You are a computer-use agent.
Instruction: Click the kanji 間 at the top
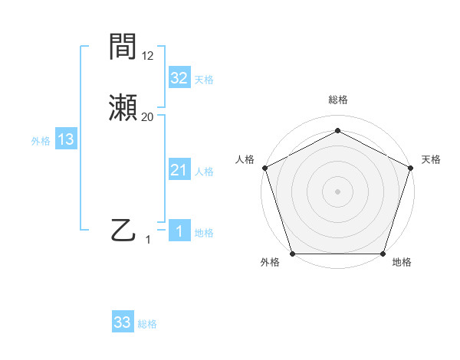[123, 47]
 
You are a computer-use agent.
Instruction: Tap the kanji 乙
[123, 229]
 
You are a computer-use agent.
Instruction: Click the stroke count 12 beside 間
[148, 55]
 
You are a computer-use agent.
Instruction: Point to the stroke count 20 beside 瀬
[148, 117]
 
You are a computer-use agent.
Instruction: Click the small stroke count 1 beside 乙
[149, 240]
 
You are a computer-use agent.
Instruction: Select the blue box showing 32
[179, 78]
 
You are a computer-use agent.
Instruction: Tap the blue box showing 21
[179, 170]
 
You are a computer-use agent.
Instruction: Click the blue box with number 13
[66, 139]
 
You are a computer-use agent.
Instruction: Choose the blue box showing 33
[123, 322]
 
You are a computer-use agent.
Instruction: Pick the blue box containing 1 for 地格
[179, 231]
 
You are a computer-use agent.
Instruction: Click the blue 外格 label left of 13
[41, 140]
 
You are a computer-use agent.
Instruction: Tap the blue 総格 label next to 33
[147, 324]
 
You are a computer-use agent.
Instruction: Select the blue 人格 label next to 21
[204, 172]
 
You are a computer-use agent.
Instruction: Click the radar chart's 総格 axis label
[337, 100]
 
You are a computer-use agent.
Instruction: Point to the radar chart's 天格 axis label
[431, 159]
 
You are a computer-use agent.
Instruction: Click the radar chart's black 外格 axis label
[270, 262]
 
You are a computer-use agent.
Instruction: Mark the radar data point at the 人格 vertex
[264, 168]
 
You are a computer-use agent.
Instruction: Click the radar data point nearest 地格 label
[383, 254]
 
